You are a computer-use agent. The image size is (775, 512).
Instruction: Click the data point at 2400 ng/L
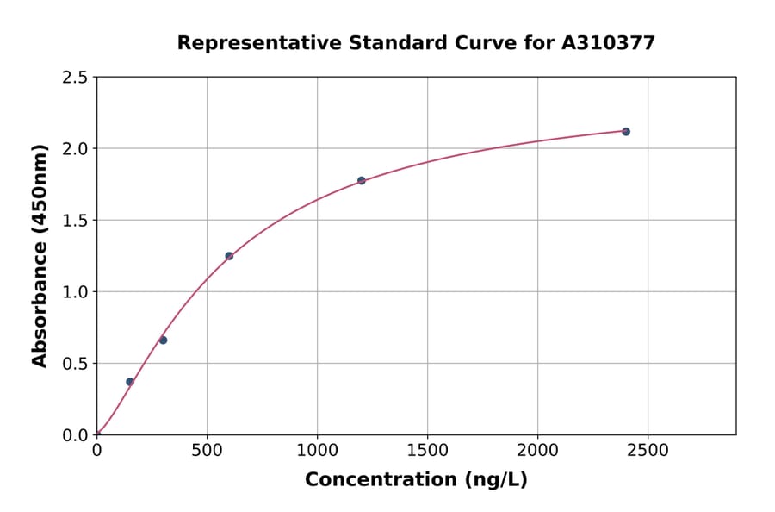click(626, 132)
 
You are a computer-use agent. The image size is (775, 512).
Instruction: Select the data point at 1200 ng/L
click(362, 180)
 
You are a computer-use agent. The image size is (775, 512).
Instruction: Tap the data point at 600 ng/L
click(229, 256)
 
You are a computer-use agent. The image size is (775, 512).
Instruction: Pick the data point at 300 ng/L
click(163, 340)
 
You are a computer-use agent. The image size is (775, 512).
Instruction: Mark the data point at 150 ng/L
click(130, 382)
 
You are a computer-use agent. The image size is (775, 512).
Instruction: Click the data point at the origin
click(97, 434)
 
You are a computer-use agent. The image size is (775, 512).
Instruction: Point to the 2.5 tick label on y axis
click(75, 78)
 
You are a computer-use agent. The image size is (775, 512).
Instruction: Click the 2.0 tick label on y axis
click(75, 149)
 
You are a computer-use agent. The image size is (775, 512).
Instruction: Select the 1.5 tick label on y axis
click(75, 221)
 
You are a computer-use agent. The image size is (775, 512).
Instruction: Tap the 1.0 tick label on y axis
click(75, 292)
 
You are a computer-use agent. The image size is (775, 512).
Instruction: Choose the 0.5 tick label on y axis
click(75, 364)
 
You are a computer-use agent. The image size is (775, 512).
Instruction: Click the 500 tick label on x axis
click(207, 450)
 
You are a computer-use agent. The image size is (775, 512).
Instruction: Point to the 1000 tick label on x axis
click(317, 450)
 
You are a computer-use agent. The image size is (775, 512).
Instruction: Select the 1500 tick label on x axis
click(427, 450)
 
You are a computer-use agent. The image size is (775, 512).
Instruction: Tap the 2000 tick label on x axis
click(537, 450)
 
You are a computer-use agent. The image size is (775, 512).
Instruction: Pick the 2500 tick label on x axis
click(648, 450)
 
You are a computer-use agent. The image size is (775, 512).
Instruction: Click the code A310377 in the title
click(608, 43)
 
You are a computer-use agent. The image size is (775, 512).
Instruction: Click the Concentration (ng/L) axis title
click(416, 480)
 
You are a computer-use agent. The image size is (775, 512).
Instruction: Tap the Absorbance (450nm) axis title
click(40, 256)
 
